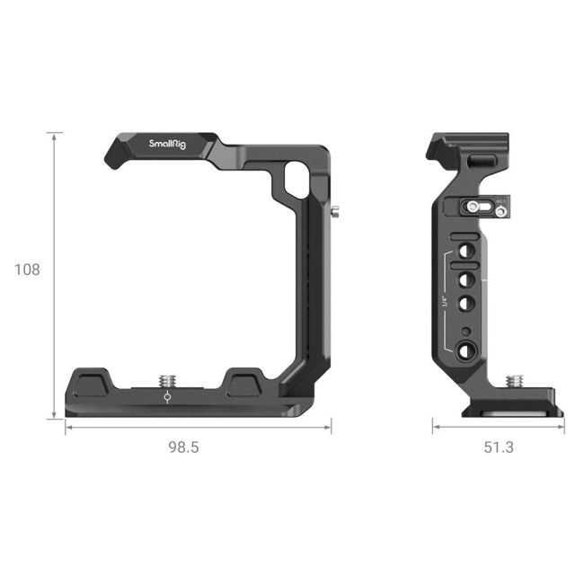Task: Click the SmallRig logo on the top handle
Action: (168, 144)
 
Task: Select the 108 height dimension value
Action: (27, 269)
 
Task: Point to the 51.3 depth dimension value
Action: (497, 447)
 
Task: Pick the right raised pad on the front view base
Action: (243, 385)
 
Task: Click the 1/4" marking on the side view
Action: (446, 302)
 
